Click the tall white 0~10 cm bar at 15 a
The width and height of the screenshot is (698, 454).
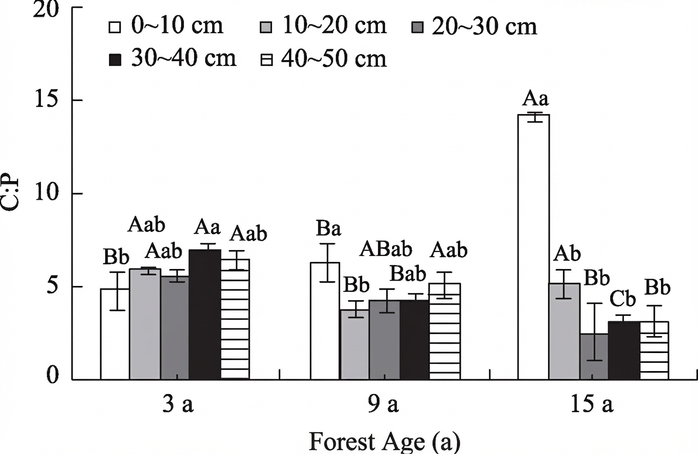click(533, 247)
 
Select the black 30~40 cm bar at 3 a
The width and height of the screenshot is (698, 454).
click(204, 315)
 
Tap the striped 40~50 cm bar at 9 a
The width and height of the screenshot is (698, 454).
click(444, 331)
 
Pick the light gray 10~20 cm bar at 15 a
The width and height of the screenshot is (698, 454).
click(564, 331)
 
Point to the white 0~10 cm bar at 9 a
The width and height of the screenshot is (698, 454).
click(324, 321)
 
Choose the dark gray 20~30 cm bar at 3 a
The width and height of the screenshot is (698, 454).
click(175, 328)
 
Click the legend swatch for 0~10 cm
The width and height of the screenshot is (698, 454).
click(115, 27)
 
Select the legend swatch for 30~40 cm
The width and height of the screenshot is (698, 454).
click(115, 60)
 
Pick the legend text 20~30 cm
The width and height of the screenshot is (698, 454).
click(484, 26)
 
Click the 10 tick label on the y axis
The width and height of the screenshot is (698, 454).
click(46, 193)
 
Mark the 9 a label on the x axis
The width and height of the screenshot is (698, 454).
click(383, 404)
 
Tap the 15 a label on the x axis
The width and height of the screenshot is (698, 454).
click(591, 404)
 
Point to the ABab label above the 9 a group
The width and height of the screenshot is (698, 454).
click(386, 249)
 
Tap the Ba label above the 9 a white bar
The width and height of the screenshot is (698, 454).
click(328, 228)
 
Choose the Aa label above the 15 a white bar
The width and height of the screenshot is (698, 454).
click(535, 99)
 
